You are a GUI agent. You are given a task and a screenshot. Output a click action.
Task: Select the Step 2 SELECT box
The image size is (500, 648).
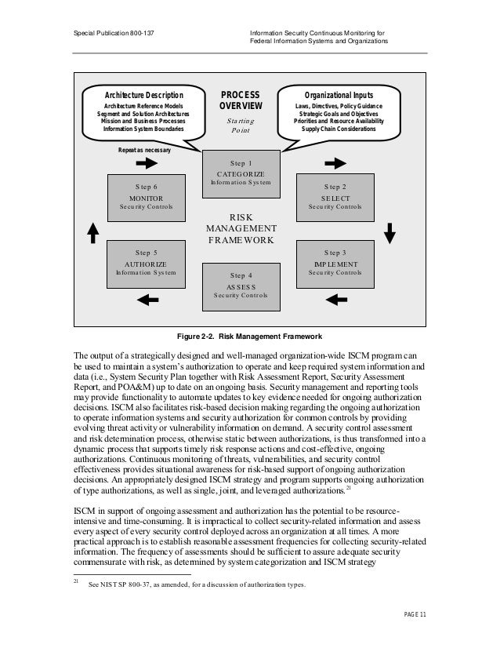tap(335, 197)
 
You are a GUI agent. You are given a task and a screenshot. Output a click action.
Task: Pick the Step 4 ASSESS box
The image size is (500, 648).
tap(241, 285)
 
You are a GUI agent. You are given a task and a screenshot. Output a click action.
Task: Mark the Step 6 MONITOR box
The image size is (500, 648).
tap(146, 197)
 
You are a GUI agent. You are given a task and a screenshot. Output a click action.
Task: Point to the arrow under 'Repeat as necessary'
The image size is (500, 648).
tap(147, 162)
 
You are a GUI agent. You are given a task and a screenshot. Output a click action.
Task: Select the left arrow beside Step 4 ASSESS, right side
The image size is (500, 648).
tap(335, 299)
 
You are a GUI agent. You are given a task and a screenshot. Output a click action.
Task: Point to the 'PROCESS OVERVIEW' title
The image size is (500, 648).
tap(241, 100)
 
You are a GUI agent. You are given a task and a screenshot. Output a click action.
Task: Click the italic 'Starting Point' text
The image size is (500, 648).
tap(241, 126)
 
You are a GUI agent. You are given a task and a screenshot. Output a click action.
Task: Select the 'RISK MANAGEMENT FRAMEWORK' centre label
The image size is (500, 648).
tap(241, 228)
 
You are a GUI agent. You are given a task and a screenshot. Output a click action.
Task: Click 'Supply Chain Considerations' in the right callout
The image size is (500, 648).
tap(335, 129)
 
